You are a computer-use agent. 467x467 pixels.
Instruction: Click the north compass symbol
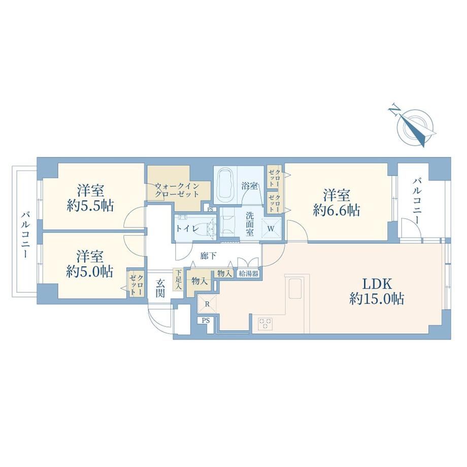[x=414, y=125]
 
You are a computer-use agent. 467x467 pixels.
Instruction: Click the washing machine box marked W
[x=271, y=228]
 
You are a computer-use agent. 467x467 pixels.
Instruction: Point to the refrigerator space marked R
[x=207, y=304]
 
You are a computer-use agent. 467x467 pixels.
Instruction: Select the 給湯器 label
[x=248, y=274]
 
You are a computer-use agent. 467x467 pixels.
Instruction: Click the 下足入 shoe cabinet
[x=178, y=279]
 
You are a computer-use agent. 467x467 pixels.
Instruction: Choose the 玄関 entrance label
[x=160, y=289]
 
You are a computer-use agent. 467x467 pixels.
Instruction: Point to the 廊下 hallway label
[x=208, y=255]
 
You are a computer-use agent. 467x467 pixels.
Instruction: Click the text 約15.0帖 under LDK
[x=377, y=298]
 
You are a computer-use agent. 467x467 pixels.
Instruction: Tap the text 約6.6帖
[x=336, y=210]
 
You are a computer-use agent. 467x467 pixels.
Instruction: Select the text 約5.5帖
[x=90, y=206]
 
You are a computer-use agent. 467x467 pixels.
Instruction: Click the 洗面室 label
[x=250, y=223]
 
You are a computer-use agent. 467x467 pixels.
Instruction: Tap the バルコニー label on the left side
[x=25, y=235]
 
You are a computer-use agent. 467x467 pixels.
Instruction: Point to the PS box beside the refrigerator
[x=206, y=321]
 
